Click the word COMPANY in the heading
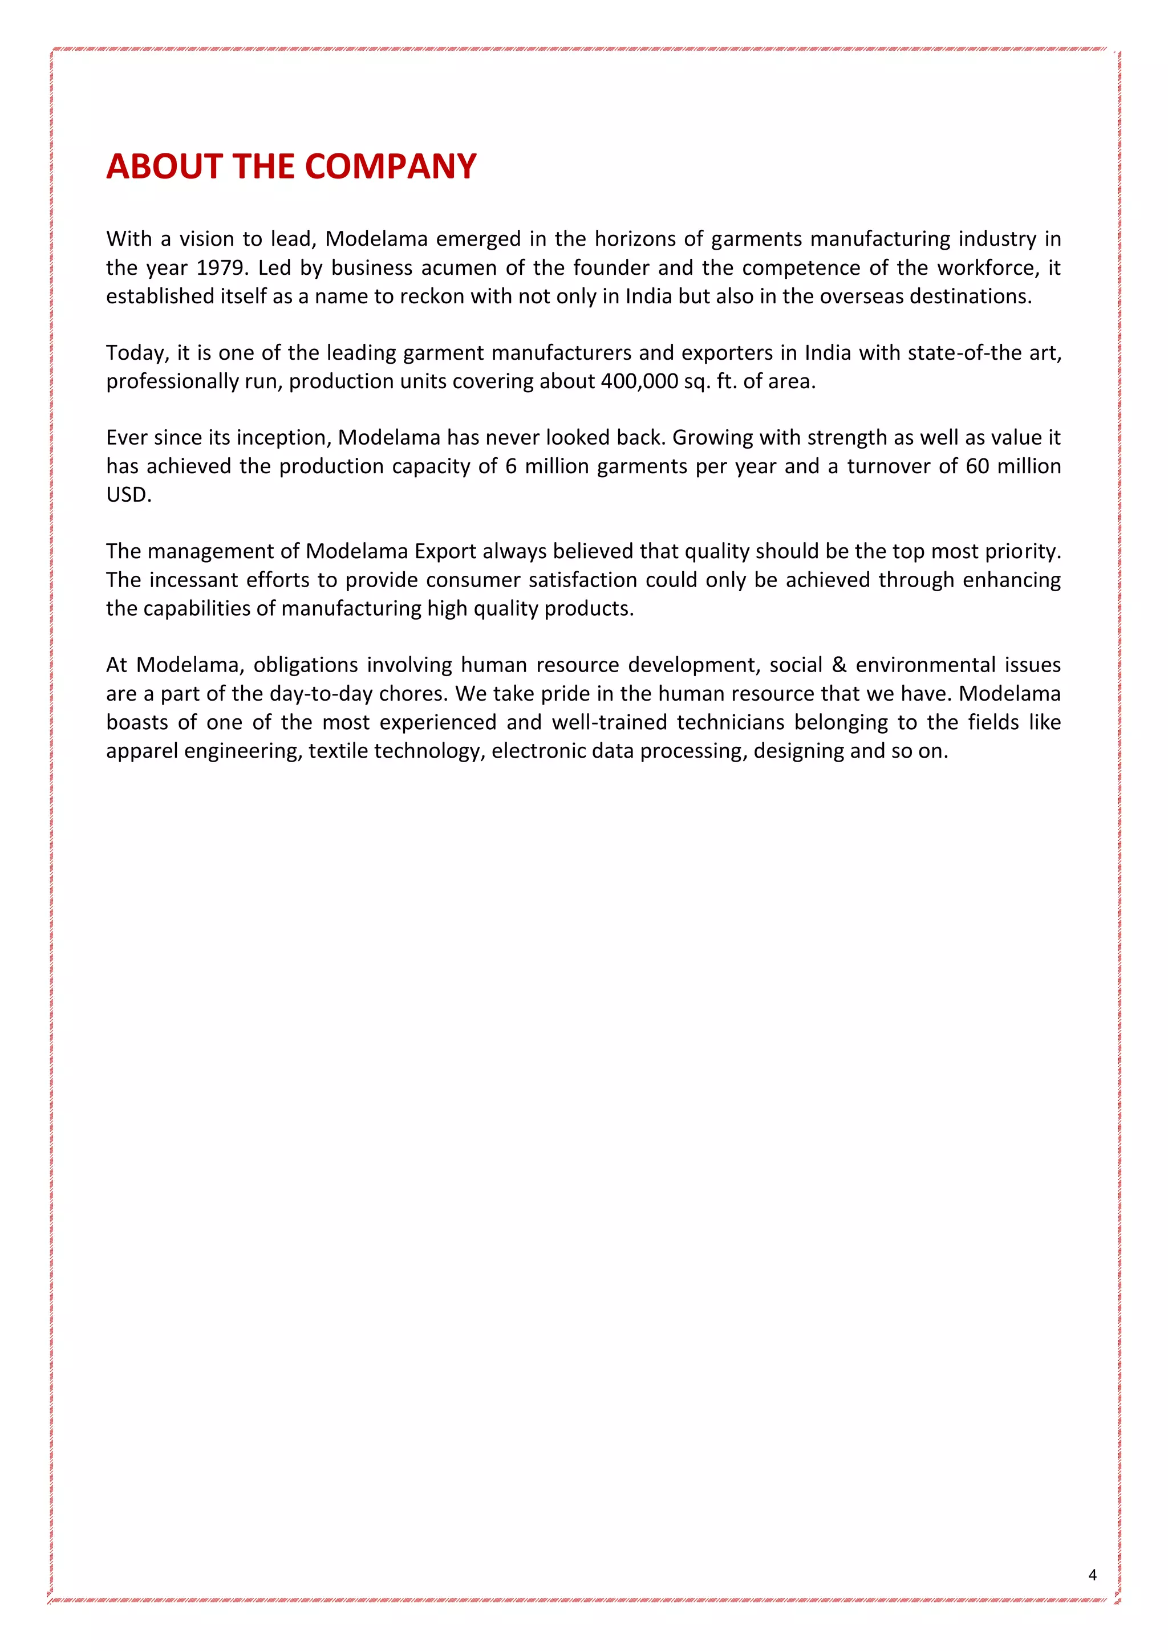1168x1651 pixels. (391, 167)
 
